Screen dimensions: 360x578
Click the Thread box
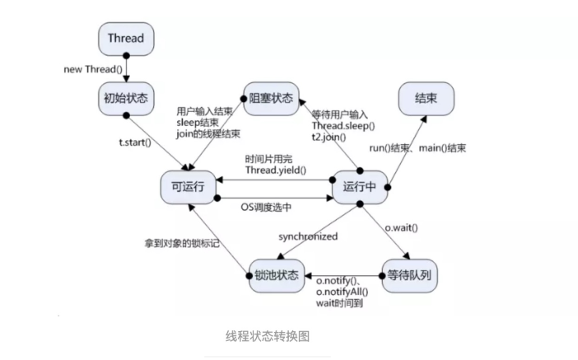(x=125, y=38)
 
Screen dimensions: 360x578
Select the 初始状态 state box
(x=126, y=98)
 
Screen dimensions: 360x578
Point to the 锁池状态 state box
(x=276, y=274)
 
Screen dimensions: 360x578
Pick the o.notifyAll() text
(x=343, y=291)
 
